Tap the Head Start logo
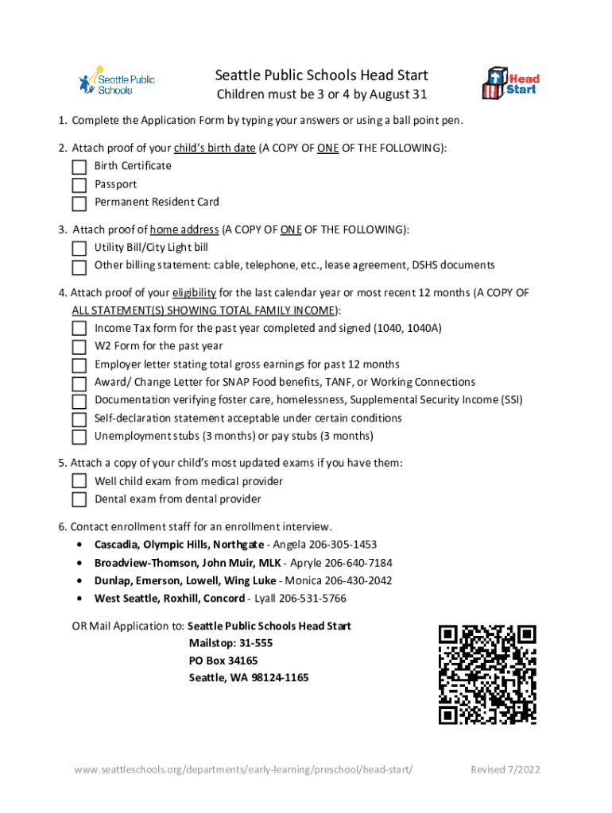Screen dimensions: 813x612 pos(511,83)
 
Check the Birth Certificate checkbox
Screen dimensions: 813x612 pos(79,167)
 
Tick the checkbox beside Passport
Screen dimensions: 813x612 pos(79,185)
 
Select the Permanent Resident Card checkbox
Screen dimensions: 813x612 pos(79,203)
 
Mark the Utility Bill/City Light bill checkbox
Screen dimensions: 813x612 pos(79,249)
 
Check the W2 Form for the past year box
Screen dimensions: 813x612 pos(79,347)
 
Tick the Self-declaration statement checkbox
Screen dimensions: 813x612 pos(79,419)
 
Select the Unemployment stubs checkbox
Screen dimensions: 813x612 pos(79,437)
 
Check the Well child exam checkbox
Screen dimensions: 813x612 pos(79,481)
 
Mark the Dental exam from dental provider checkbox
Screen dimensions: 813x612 pos(79,499)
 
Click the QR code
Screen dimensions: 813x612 pos(487,674)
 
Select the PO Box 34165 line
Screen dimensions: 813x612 pos(223,661)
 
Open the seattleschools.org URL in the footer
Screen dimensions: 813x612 pos(245,770)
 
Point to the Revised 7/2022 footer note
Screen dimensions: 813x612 pos(505,770)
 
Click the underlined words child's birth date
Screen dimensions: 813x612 pos(214,148)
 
